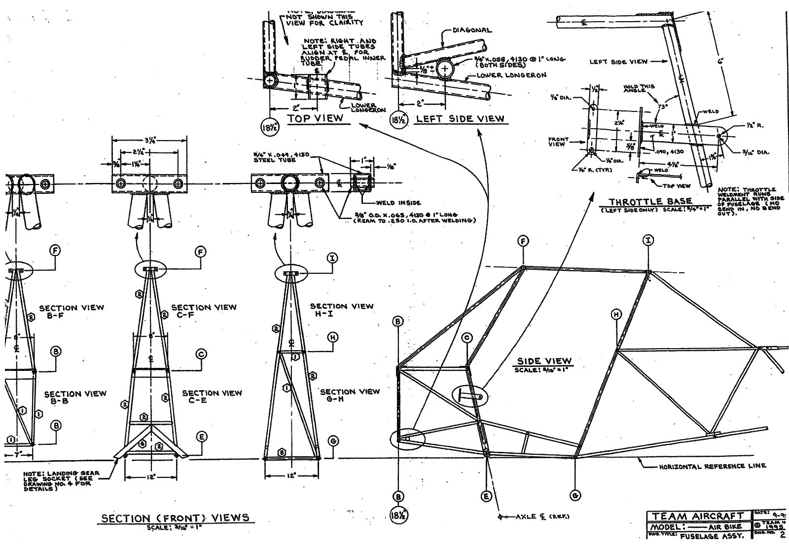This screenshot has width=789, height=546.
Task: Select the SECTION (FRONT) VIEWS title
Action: (x=175, y=518)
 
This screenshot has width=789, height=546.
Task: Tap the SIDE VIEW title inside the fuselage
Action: (x=544, y=362)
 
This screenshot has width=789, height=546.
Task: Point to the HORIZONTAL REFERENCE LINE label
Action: (x=713, y=466)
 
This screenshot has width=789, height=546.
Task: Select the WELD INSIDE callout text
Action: (x=398, y=202)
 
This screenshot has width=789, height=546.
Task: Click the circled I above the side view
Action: (x=648, y=241)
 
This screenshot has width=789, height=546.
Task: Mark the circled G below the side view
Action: (x=575, y=495)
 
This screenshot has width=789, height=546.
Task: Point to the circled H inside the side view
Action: (x=616, y=314)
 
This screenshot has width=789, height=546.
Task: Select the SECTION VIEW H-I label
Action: (x=342, y=310)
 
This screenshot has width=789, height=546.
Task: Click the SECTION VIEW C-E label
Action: (x=212, y=397)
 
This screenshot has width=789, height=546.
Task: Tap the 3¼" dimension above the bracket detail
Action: (x=149, y=140)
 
